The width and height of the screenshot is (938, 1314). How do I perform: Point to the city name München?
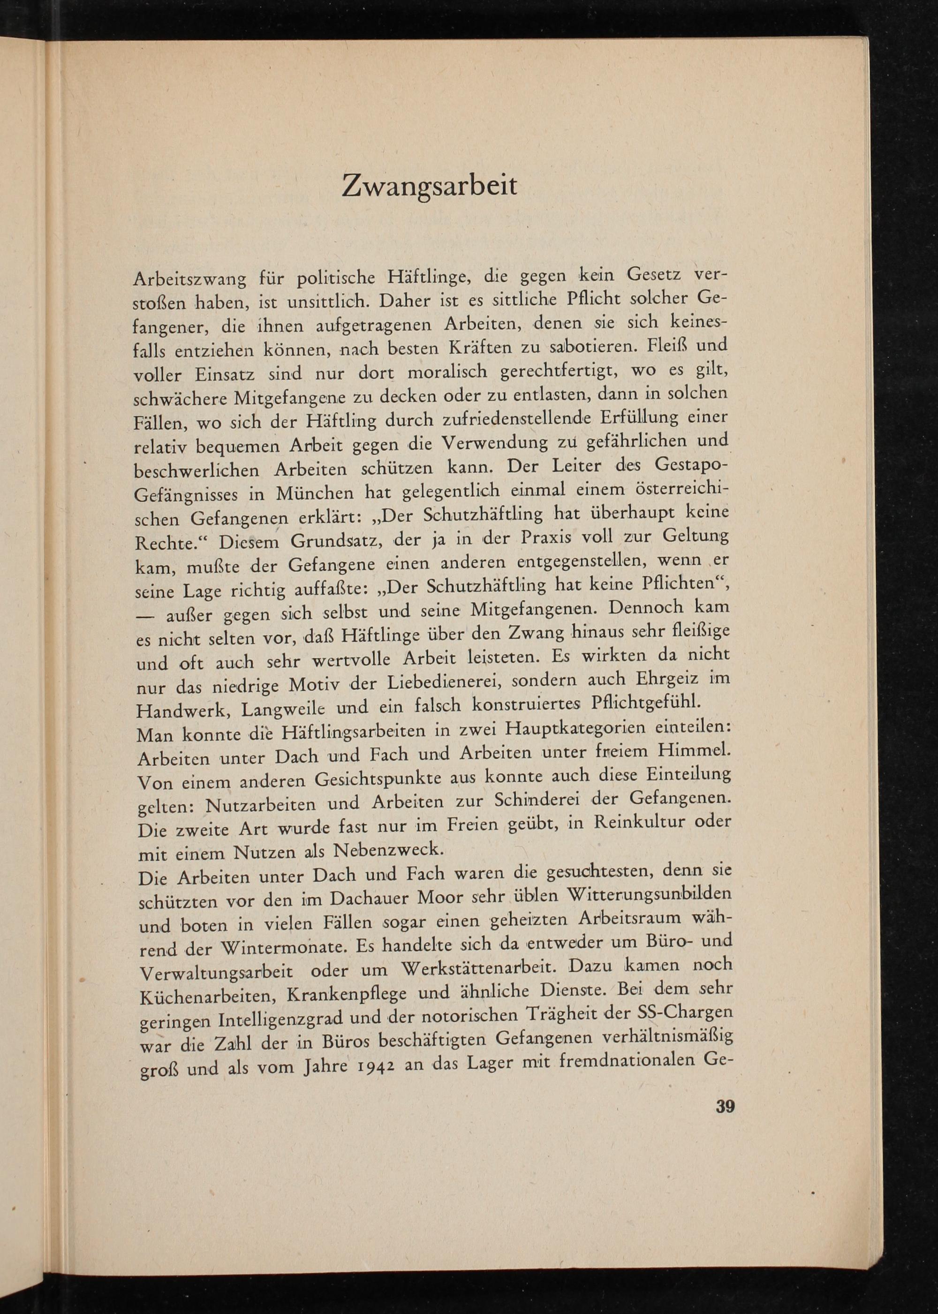pyautogui.click(x=314, y=494)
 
